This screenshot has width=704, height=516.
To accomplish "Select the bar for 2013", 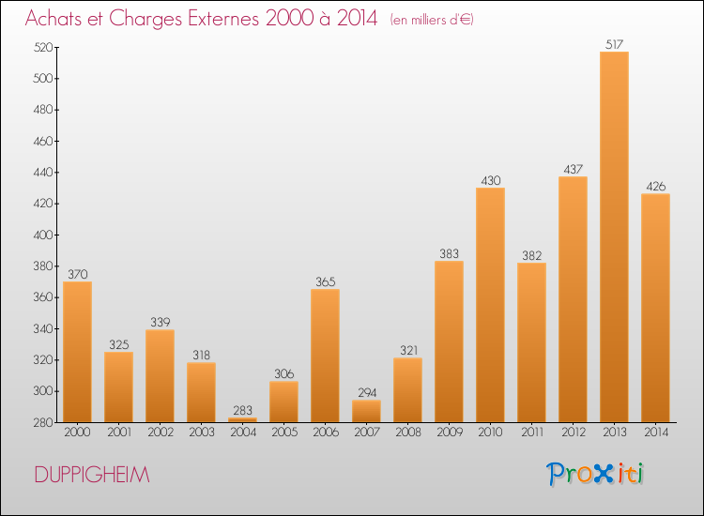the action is point(614,237).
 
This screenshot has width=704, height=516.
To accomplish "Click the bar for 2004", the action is point(242,420).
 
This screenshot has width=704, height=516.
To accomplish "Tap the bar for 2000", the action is point(77,352).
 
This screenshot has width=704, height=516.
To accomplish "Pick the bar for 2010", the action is point(490,305).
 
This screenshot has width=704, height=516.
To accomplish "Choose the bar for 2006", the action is point(325,356).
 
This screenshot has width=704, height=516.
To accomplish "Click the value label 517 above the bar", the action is point(614,44).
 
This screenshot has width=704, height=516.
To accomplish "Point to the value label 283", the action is point(242,410).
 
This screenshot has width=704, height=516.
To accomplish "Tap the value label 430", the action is point(490,180).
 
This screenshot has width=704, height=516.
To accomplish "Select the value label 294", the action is point(367,392).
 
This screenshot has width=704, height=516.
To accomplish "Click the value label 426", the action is point(655,186).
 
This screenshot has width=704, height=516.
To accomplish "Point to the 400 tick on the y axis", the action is point(42,235).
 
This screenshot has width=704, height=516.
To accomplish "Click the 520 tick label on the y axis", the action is point(42,47).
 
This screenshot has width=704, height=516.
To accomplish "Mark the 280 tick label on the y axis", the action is point(42,422).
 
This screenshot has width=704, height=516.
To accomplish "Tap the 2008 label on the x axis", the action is point(408,433).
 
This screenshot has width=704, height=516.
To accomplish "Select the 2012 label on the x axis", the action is point(574,433).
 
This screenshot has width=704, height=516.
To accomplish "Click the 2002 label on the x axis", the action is point(161,433).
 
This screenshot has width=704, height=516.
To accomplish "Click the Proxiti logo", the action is point(595,474).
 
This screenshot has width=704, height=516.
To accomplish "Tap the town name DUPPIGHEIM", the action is point(92,475).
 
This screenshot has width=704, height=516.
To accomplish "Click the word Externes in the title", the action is point(223,18).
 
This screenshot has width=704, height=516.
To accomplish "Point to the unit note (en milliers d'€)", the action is point(432,20).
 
